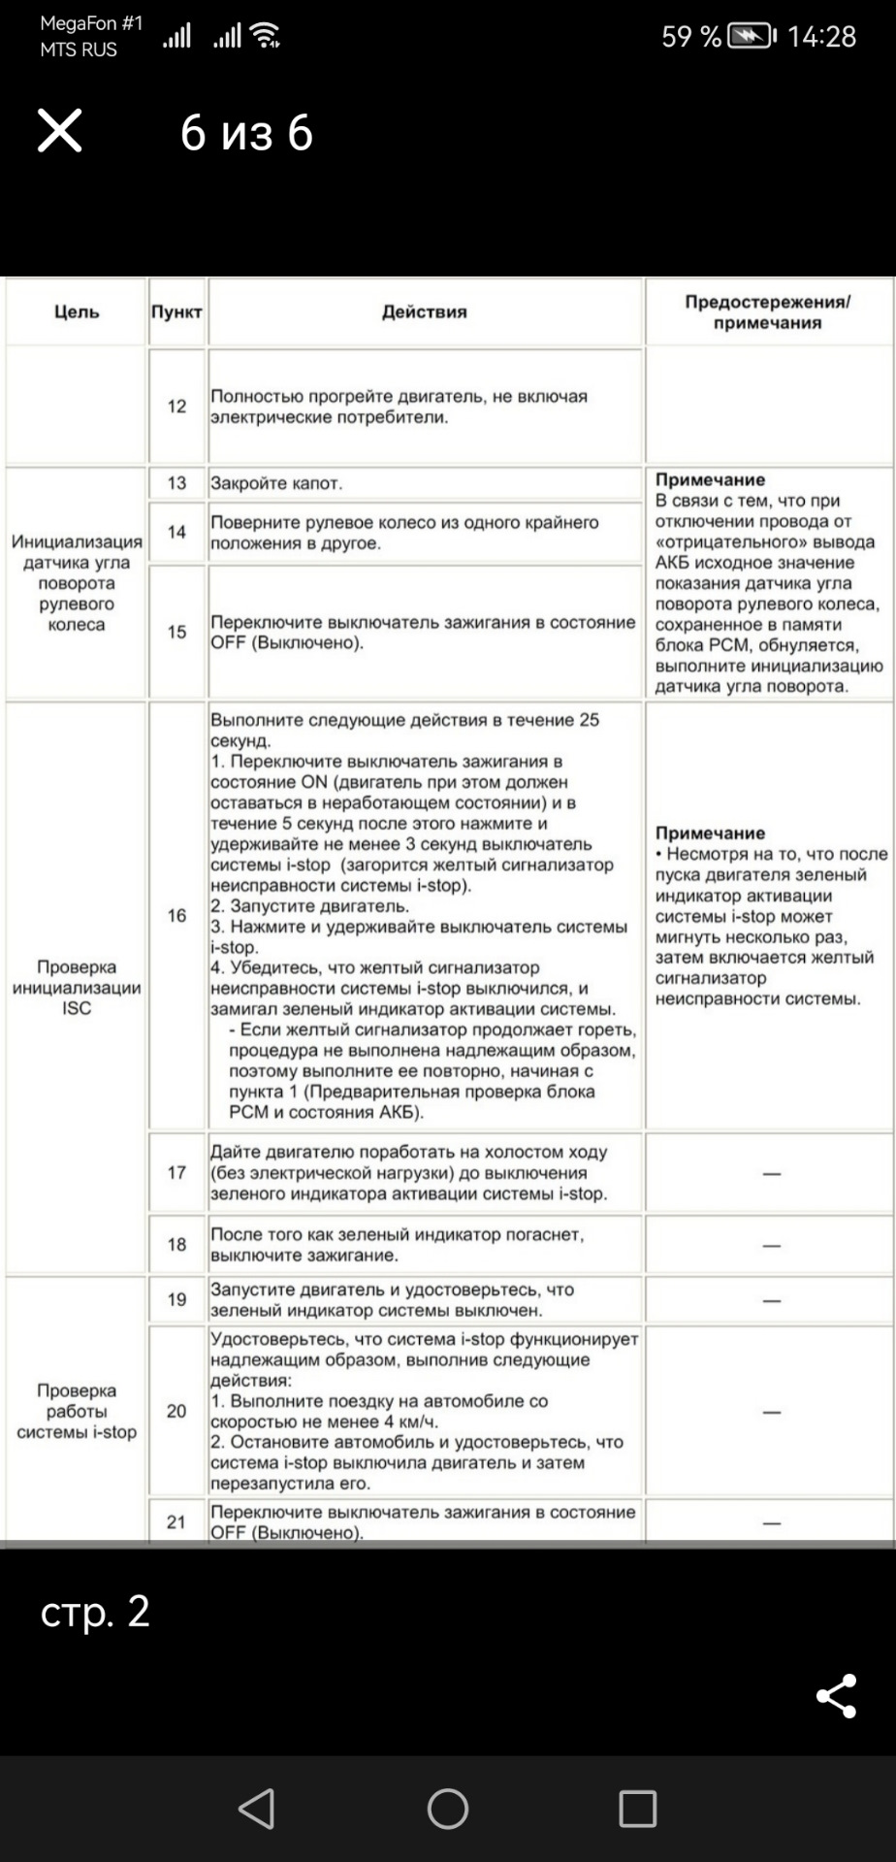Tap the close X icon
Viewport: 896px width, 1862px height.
click(59, 131)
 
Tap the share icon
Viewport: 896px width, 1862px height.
click(836, 1695)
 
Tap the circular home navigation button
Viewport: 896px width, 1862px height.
click(447, 1809)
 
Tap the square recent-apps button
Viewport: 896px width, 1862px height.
click(637, 1809)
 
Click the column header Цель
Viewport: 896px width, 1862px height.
click(77, 311)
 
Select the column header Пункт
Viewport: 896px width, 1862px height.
click(176, 311)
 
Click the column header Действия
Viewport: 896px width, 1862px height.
click(425, 311)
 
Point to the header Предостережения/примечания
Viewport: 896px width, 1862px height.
click(767, 311)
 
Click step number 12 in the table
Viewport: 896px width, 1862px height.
click(176, 406)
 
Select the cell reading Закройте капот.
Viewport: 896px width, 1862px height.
click(277, 483)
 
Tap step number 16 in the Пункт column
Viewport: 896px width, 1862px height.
click(176, 915)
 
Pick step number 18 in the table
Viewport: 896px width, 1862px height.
click(176, 1244)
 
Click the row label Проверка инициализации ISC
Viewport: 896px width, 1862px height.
click(77, 987)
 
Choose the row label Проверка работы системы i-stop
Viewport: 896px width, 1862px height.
click(77, 1411)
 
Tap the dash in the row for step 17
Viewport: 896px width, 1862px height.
click(771, 1173)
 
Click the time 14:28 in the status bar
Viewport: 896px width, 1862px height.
click(821, 37)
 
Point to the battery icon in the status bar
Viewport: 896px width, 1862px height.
click(752, 37)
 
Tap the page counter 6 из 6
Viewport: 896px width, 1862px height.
click(246, 132)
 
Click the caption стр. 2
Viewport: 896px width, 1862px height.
click(95, 1611)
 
